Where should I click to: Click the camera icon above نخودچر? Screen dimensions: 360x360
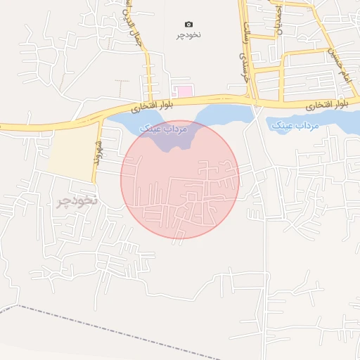(188, 25)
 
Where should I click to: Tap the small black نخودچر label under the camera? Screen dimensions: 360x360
(188, 34)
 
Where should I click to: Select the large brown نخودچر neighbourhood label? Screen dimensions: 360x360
(75, 202)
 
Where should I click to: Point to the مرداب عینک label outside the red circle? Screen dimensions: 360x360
(294, 124)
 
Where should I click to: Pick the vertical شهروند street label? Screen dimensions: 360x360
(98, 150)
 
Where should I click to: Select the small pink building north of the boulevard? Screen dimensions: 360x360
(184, 91)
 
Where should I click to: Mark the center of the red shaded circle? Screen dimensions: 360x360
(180, 179)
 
